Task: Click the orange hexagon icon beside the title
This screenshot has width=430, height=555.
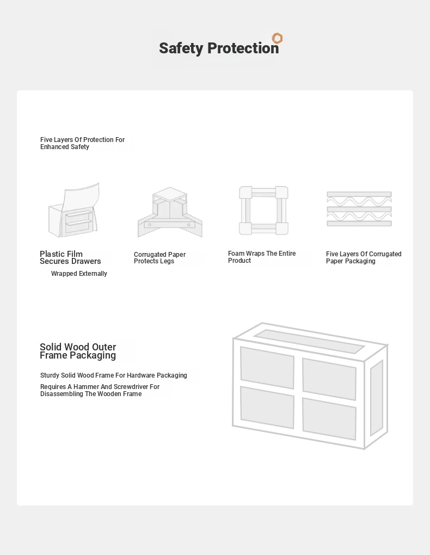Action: pos(277,38)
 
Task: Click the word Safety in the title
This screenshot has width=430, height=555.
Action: pos(181,48)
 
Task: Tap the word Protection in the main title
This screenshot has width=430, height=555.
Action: pos(243,48)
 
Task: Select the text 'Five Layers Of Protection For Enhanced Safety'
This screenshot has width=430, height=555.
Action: pos(82,143)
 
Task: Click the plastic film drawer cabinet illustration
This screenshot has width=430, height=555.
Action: pos(73,210)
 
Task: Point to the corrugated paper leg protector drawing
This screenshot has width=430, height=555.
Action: pos(170,212)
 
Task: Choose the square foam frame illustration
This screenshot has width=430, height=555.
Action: pos(263,210)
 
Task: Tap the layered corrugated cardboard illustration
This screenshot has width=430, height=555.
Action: pos(359,209)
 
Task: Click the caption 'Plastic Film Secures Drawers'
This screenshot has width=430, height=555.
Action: pos(70,257)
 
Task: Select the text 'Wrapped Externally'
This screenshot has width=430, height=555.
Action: pos(79,274)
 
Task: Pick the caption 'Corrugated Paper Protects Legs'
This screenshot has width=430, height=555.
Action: pos(159,258)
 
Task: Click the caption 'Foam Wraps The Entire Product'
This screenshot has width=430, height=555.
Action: pos(262,257)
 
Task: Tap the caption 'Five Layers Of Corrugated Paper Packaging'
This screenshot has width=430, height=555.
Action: pos(364,257)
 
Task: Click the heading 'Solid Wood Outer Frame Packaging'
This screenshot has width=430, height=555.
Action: pos(78,351)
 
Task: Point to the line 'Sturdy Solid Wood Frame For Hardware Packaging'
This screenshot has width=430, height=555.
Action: pos(114,375)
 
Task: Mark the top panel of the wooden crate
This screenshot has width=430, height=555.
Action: pos(309,341)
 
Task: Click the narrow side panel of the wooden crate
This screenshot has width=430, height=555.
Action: pos(377,398)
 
